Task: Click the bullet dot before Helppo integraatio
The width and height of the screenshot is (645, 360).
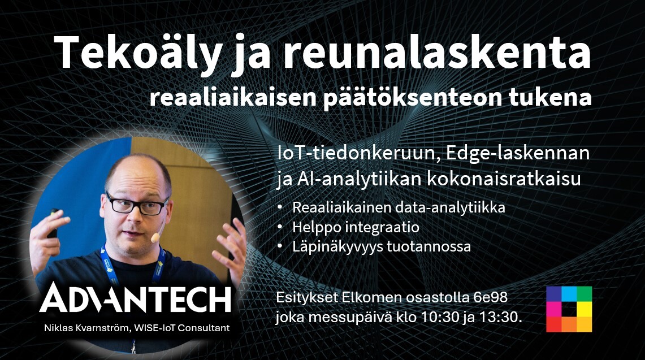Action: (x=281, y=227)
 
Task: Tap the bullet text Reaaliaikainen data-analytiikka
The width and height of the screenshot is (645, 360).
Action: (x=399, y=207)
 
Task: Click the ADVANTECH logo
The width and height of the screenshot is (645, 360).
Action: (x=135, y=298)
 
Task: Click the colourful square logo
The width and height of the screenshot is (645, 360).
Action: (x=569, y=309)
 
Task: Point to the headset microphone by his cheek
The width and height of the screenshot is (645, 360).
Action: (x=154, y=238)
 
